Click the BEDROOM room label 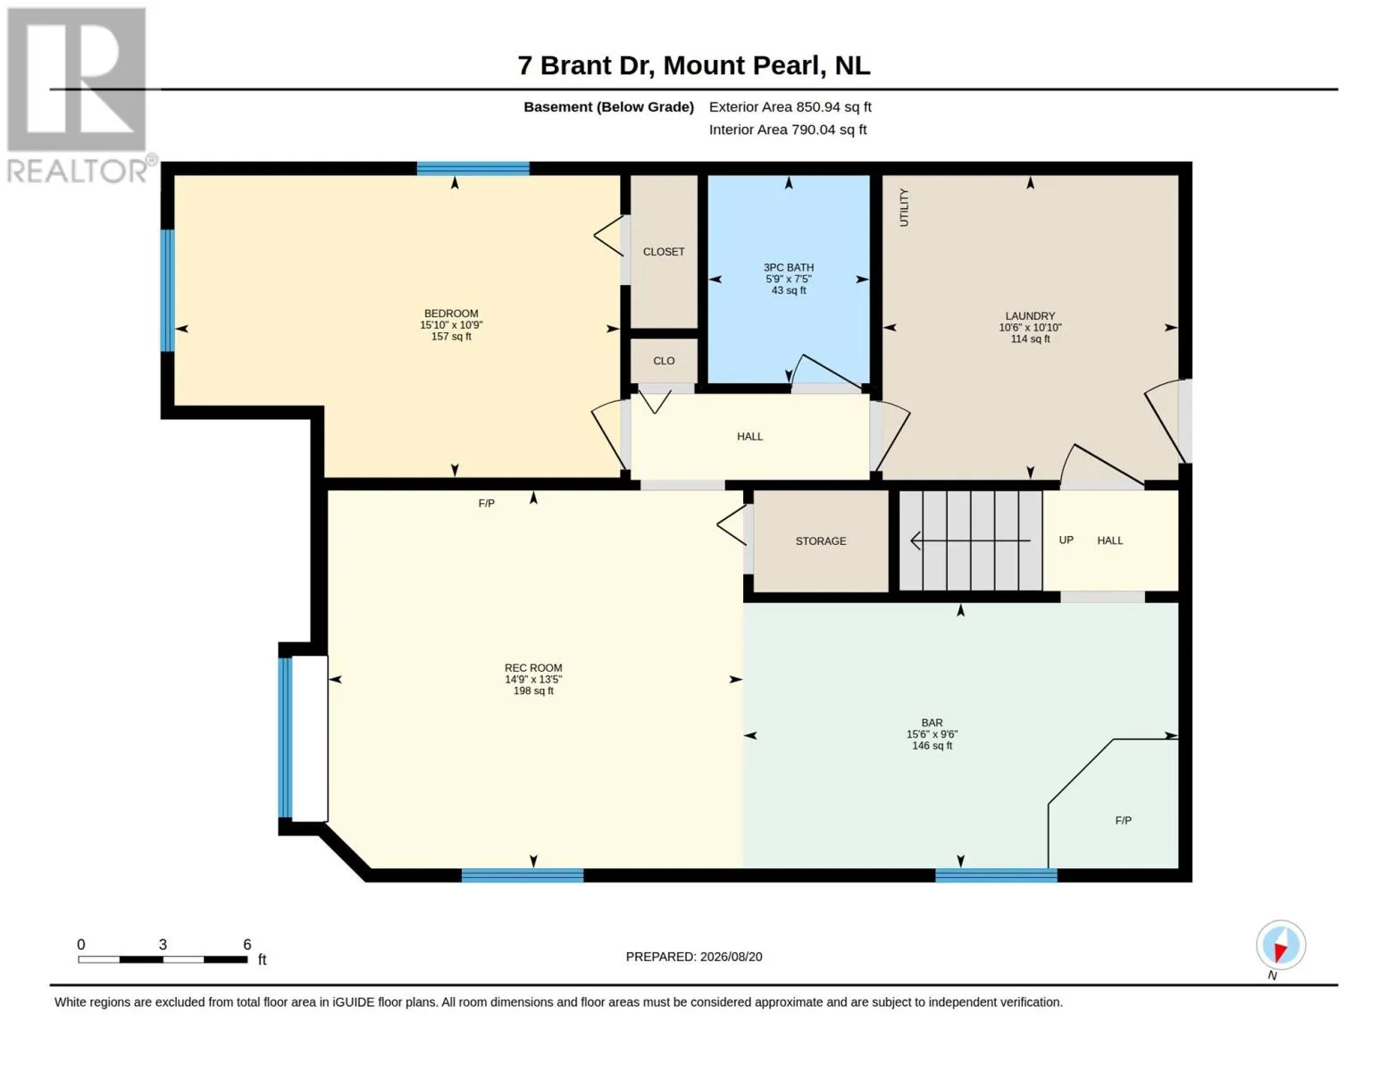tap(451, 314)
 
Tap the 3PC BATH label tap(788, 268)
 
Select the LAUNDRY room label tap(1030, 316)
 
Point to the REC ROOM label tap(533, 668)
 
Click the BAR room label tap(932, 724)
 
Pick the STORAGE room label tap(821, 541)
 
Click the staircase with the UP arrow tap(971, 540)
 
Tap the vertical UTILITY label tap(904, 207)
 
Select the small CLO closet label tap(664, 361)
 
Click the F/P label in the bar tap(1123, 820)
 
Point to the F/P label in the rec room tap(486, 504)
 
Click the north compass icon tap(1280, 946)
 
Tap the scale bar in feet tap(163, 959)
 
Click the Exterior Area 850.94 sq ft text tap(790, 107)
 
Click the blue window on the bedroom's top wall tap(473, 169)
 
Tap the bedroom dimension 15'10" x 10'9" tap(451, 325)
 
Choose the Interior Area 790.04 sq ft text tap(788, 130)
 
